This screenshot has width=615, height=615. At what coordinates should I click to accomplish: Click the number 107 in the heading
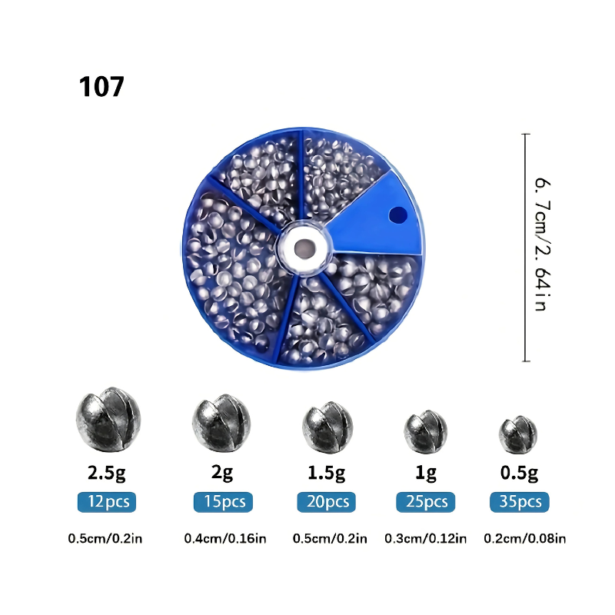[101, 87]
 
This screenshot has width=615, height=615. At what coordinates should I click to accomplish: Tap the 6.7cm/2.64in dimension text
[544, 244]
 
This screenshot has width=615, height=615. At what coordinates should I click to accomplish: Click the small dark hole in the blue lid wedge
[397, 215]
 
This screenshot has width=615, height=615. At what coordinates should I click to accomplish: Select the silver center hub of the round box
[304, 248]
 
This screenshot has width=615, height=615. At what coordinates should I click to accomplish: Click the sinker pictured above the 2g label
[221, 423]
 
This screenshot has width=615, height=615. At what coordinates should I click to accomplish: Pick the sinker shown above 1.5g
[327, 427]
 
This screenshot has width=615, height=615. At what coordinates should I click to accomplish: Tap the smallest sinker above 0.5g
[517, 434]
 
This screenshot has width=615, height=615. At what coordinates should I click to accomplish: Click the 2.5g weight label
[107, 473]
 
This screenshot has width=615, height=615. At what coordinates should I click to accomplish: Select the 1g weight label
[426, 473]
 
